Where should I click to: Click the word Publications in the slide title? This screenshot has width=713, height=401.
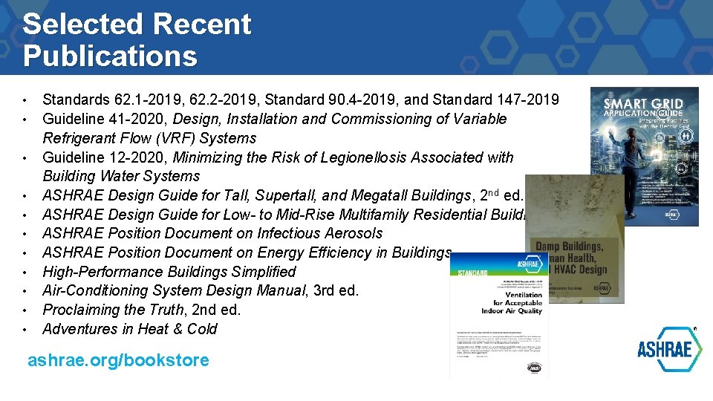[x=110, y=56]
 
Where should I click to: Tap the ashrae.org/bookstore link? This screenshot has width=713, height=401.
[x=118, y=361]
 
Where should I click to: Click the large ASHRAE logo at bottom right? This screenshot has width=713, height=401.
[x=669, y=349]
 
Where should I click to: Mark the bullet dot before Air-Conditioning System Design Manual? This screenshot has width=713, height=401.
[x=25, y=291]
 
